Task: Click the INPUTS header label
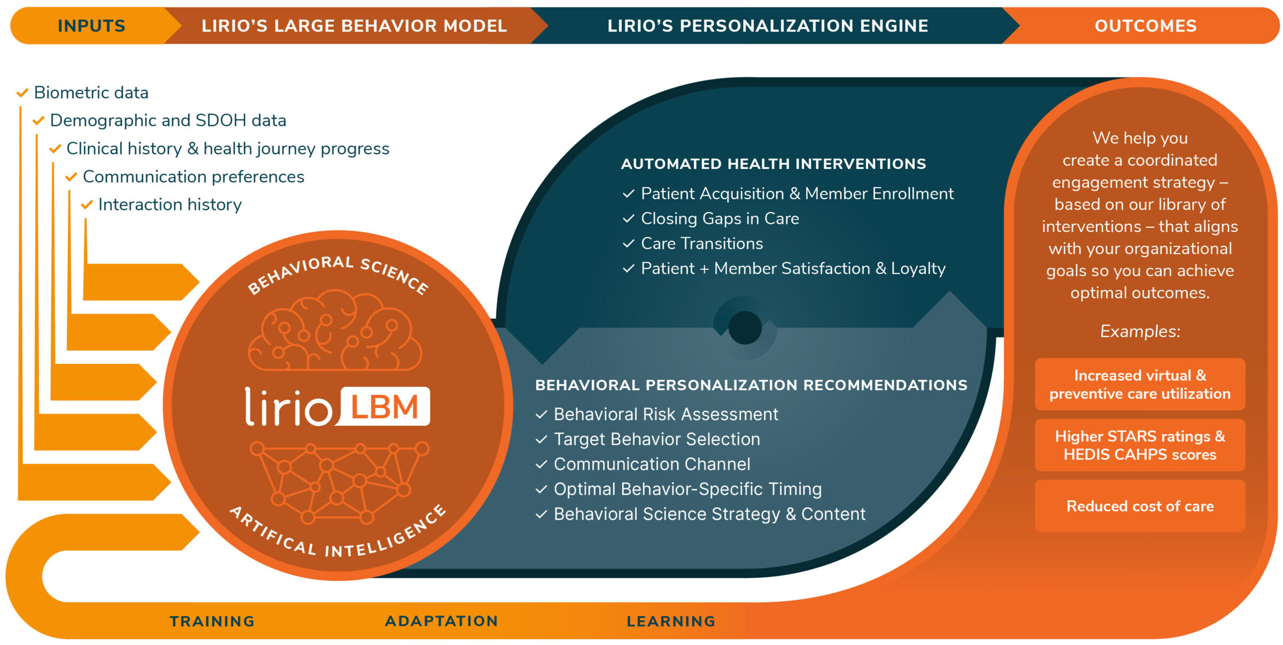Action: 91,26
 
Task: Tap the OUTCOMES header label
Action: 1146,26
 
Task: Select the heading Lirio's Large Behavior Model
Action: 354,26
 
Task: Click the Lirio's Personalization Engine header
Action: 768,26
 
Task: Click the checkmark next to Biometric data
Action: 22,93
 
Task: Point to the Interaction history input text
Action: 170,204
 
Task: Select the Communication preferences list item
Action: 193,176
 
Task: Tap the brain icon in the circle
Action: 335,330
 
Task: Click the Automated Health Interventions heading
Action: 773,164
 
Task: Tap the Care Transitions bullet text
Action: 702,244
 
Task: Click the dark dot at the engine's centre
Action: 745,328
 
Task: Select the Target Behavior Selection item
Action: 656,439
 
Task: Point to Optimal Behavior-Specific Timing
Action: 687,489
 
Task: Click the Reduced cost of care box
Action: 1140,506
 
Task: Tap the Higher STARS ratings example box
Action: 1140,445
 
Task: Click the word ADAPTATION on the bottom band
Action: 442,621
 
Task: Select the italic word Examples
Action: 1140,331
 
